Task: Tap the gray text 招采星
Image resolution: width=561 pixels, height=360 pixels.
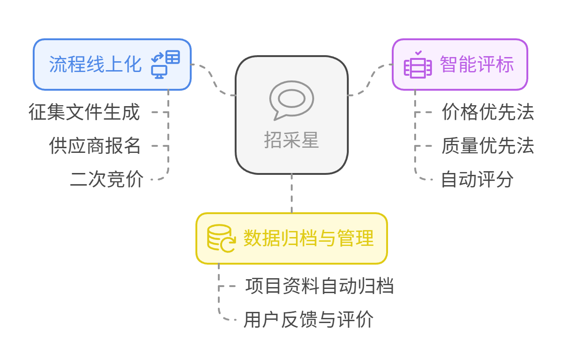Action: (x=292, y=140)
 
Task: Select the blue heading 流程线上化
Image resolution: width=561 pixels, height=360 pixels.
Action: (x=95, y=65)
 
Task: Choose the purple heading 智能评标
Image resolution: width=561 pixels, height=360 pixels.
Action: (x=477, y=65)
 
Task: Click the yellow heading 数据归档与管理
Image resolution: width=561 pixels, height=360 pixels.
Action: (x=309, y=238)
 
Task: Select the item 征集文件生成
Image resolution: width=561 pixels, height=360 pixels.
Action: (x=84, y=112)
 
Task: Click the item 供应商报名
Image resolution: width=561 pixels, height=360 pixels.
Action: (x=94, y=145)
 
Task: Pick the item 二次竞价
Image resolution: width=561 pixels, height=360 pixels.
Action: (x=107, y=179)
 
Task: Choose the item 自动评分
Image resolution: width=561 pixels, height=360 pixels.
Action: (x=477, y=179)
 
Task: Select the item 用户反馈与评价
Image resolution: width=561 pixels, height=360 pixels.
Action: (x=309, y=319)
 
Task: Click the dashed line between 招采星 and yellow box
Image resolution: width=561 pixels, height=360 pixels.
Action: (x=292, y=194)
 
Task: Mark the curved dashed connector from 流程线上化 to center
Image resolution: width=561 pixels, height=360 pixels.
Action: (x=213, y=80)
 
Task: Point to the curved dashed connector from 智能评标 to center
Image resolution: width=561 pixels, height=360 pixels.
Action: (x=370, y=80)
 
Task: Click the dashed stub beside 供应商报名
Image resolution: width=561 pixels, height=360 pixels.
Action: (x=160, y=146)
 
